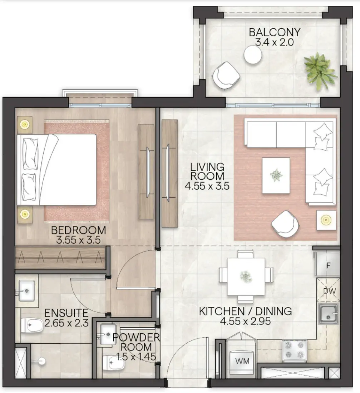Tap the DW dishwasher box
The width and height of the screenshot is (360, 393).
pyautogui.click(x=329, y=291)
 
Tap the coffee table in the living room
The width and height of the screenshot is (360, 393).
pyautogui.click(x=276, y=175)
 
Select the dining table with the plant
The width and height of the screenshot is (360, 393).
pyautogui.click(x=246, y=276)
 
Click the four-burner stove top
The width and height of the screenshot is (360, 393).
pyautogui.click(x=295, y=350)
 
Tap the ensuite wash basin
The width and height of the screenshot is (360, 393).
pyautogui.click(x=27, y=290)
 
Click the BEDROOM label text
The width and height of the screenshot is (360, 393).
pyautogui.click(x=78, y=230)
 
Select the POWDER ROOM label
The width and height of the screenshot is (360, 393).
pyautogui.click(x=136, y=342)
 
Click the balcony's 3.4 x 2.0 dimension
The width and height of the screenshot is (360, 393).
pyautogui.click(x=274, y=42)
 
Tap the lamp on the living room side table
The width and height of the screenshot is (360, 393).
pyautogui.click(x=326, y=220)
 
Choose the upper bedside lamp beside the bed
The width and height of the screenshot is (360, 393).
pyautogui.click(x=24, y=124)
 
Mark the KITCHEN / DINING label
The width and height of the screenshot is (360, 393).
pyautogui.click(x=245, y=311)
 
